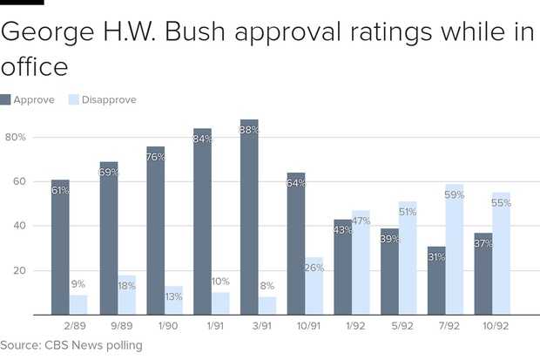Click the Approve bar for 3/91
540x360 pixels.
point(249,218)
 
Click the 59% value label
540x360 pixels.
point(455,195)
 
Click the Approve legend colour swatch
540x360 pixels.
point(6,100)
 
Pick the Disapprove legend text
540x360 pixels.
point(109,100)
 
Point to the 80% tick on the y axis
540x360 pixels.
point(16,138)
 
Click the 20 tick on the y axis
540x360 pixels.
point(18,271)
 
